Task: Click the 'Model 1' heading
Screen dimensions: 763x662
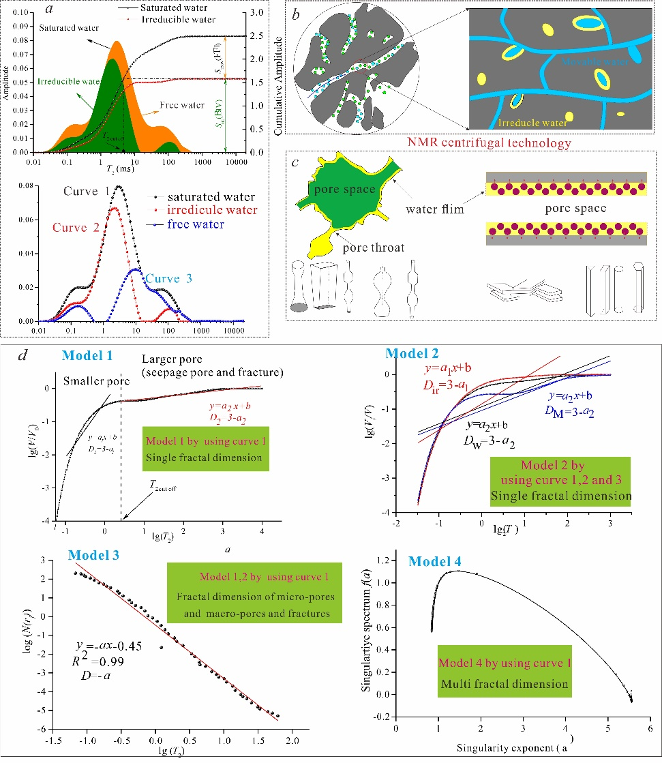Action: pos(87,355)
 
